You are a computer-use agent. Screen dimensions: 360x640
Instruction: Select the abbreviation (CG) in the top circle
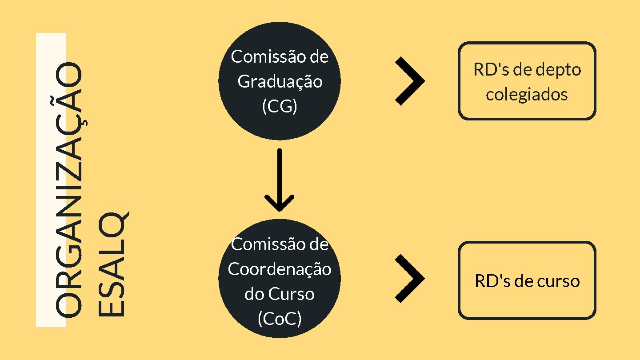280,107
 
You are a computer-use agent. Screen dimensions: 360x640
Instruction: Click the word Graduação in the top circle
280,82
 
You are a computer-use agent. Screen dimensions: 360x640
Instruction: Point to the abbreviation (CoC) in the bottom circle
280,319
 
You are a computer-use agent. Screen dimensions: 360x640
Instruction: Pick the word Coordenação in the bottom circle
280,269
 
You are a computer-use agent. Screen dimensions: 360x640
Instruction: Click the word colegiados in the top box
527,95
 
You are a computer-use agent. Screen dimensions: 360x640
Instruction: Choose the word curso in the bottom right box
559,282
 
